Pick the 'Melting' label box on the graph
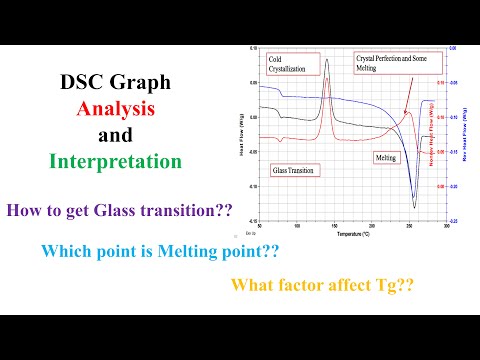click(386, 158)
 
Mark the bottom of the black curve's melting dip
click(414, 208)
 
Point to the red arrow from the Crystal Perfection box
click(406, 96)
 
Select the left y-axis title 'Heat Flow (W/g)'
click(243, 135)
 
